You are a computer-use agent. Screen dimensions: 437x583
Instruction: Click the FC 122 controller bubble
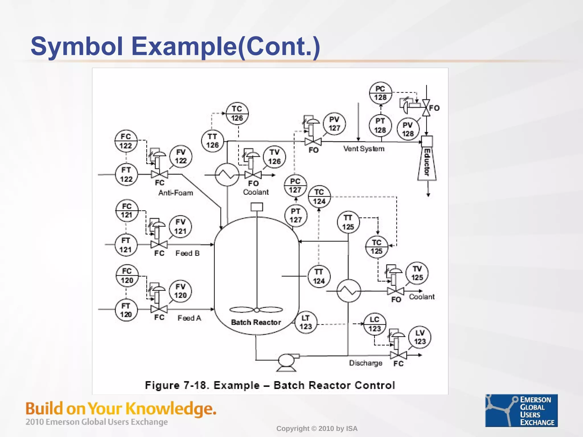coord(126,141)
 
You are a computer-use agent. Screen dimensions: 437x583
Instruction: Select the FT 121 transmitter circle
coord(126,245)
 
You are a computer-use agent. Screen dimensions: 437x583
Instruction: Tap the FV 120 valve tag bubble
coord(180,291)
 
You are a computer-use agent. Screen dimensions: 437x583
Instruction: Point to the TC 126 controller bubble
coord(237,114)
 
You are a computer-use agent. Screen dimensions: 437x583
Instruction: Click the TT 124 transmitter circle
coord(319,277)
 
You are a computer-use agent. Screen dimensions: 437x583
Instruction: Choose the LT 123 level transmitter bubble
coord(305,322)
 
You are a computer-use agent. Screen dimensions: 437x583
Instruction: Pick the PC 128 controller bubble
coord(380,93)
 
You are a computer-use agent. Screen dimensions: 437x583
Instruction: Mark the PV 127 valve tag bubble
coord(334,124)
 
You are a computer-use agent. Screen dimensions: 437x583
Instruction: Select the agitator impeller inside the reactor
coord(256,310)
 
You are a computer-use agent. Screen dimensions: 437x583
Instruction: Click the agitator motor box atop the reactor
coord(256,207)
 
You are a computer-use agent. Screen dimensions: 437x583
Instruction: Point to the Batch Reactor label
coord(256,322)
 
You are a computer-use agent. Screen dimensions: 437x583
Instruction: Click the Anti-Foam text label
coord(176,193)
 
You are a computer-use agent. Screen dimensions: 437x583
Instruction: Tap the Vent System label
coord(364,149)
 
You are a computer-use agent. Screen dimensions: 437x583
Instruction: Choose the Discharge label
coord(366,363)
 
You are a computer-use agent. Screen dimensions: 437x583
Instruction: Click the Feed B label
coord(188,253)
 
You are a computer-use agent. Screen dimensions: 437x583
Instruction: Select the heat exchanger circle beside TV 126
coord(227,174)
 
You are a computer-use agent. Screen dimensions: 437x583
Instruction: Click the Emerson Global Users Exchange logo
coord(521,410)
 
